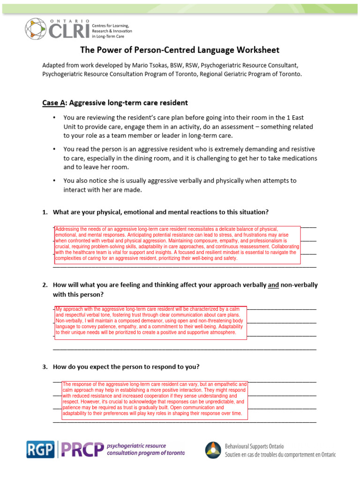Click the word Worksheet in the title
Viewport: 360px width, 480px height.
(257, 50)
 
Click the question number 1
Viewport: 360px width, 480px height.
(45, 212)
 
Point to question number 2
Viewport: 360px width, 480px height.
(45, 285)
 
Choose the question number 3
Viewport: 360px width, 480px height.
(45, 367)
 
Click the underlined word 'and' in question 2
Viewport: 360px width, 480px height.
(273, 285)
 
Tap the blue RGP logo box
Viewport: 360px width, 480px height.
(40, 450)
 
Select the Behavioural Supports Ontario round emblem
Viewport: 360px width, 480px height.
(213, 450)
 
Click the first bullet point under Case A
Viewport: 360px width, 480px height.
(54, 117)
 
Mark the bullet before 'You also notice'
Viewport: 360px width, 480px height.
(54, 180)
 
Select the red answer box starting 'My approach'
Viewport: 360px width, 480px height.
(150, 322)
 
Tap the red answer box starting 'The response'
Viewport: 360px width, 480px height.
(154, 399)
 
